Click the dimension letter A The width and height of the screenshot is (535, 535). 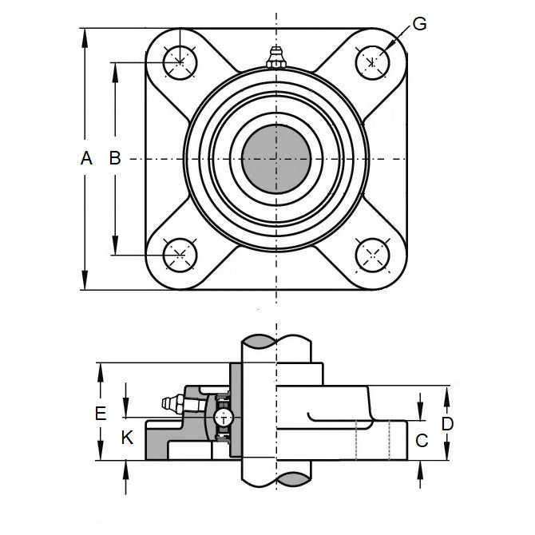(x=86, y=158)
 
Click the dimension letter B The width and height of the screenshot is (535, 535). (x=114, y=158)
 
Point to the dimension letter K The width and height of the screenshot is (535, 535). (x=125, y=438)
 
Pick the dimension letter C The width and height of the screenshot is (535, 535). (x=423, y=439)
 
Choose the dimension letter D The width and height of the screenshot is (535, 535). (x=447, y=423)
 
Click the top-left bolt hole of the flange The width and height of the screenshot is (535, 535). (x=178, y=61)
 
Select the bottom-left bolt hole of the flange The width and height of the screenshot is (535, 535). (x=178, y=256)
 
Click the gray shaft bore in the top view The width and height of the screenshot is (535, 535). (x=275, y=158)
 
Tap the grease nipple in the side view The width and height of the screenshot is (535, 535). (x=170, y=404)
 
